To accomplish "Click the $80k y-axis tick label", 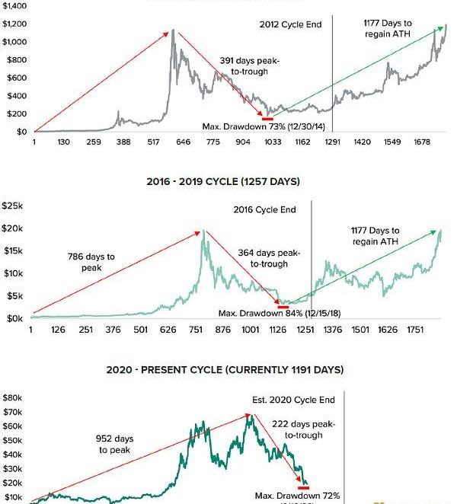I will coord(14,397).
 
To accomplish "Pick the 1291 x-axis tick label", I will coord(332,142).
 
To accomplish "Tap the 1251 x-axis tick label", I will coord(305,330).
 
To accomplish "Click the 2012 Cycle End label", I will coord(290,24).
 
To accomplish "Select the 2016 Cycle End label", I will coord(264,209).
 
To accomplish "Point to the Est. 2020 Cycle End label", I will coord(293,400).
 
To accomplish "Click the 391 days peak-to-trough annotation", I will coord(244,65).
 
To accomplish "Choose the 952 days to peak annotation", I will coord(114,444).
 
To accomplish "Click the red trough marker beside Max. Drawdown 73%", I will coord(267,118).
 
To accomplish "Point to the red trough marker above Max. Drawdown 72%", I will coord(304,487).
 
